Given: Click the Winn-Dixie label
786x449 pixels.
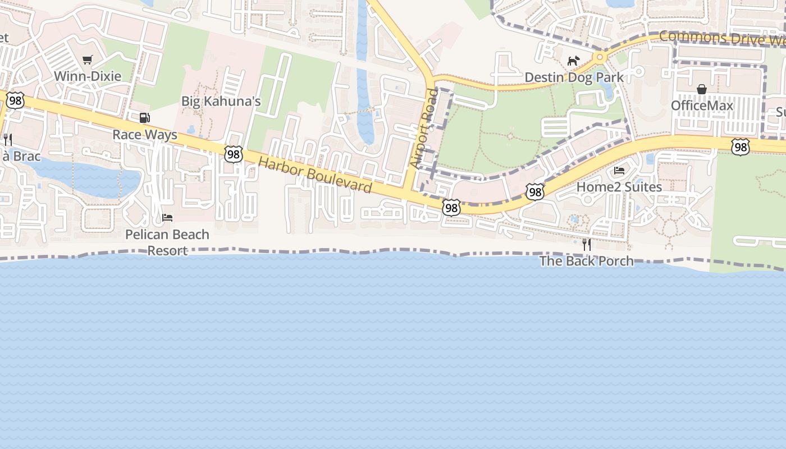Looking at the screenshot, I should point(87,76).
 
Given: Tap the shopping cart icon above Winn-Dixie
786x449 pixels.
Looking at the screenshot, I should point(87,59).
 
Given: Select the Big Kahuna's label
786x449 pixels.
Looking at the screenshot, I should point(221,102).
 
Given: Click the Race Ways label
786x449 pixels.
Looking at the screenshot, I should point(145,135).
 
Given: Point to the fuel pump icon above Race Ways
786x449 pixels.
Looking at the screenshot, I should point(144,118).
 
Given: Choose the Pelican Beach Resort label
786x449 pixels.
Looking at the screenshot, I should point(167,242).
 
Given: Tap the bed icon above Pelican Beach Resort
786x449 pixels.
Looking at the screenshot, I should point(167,218).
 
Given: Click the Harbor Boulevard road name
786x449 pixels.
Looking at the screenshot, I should point(315,175).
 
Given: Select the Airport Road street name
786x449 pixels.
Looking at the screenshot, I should point(423,129).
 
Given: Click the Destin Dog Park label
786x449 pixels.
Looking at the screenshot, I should point(574,77).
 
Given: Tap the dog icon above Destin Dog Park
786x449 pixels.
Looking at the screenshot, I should point(573,61).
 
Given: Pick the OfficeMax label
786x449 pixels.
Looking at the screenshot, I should point(702,106).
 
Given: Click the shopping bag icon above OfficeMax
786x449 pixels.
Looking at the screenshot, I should point(702,89).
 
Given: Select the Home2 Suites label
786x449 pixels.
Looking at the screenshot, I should point(619,187).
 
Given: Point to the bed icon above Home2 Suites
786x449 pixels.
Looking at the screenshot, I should point(619,171).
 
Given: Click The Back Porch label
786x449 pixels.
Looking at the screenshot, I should point(586,261).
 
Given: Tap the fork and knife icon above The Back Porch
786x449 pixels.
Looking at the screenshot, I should point(587,244).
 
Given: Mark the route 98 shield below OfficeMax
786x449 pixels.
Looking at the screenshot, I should point(741,148).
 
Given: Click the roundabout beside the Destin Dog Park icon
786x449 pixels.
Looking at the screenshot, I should point(600,57).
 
